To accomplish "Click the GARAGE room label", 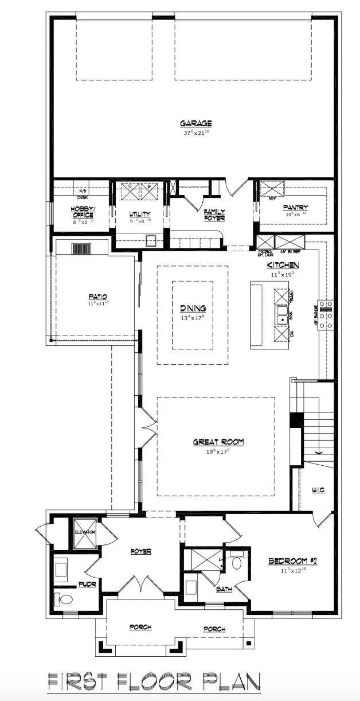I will (x=196, y=123).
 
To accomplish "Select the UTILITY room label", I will (x=139, y=214).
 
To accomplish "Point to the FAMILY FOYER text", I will (x=215, y=215).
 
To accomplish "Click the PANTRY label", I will (x=296, y=207).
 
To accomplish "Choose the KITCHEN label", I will (x=283, y=265).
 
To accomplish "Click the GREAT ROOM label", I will (x=218, y=442).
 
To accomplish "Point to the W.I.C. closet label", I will (x=319, y=490).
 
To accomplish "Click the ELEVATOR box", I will (x=84, y=532).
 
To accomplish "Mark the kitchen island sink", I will (x=282, y=315).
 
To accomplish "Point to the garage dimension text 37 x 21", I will (x=196, y=133).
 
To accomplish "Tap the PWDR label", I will (x=87, y=584).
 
